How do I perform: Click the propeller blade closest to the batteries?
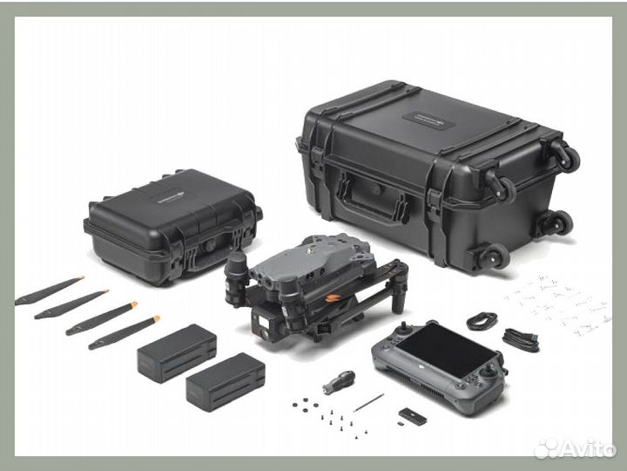coord(125,332)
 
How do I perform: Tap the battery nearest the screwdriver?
coord(225,382)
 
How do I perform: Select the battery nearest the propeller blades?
coord(176,351)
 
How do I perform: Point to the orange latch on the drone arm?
coord(333,298)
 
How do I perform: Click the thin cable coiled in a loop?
coord(481,321)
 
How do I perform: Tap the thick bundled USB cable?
coord(521,338)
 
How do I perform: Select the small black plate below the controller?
coord(410,417)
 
